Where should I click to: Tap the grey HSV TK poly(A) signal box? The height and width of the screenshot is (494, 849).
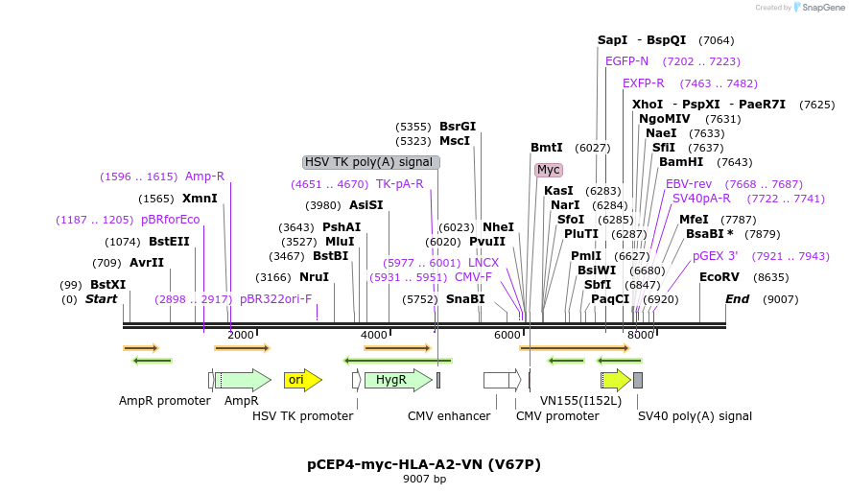point(370,162)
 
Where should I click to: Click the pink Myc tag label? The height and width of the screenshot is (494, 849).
point(549,170)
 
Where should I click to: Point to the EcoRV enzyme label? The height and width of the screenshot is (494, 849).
point(719,277)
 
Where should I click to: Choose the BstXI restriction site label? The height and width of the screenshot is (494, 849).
point(107,285)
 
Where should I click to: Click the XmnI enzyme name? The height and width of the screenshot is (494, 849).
point(200,199)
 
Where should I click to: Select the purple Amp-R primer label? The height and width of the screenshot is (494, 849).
point(204,176)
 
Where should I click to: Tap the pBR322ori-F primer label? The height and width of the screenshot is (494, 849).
point(275,299)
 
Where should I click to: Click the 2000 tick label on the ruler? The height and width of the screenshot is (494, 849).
point(241,335)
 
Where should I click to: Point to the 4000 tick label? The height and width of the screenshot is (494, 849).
point(374,335)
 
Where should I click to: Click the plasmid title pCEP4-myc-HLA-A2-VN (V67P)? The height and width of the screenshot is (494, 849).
point(424,464)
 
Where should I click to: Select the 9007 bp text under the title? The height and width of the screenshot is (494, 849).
point(424,479)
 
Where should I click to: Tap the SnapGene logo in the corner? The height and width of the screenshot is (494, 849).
point(816,8)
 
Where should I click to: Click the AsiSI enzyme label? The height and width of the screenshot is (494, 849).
point(366,205)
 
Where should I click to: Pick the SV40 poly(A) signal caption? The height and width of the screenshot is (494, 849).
point(695,416)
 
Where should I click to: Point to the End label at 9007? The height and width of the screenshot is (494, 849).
point(737,299)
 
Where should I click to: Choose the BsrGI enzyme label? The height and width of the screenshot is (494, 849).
point(458,127)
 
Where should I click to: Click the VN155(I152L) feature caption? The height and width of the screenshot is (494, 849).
point(580,400)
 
